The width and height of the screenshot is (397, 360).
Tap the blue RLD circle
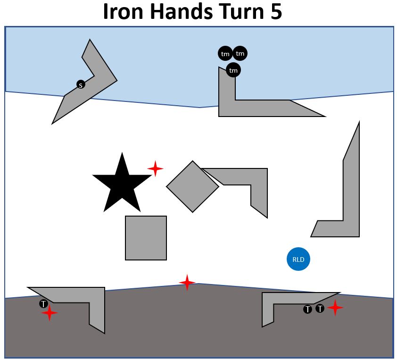coord(298,259)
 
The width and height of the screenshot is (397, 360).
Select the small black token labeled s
coord(81,85)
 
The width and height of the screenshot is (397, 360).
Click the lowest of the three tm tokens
coord(233,70)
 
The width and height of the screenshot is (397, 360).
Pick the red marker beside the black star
coord(155,168)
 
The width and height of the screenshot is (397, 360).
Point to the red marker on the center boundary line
coord(187,283)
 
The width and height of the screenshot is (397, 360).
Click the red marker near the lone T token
coord(50,313)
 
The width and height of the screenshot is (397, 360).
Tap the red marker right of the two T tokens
coord(335,308)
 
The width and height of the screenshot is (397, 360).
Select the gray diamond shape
coord(192,186)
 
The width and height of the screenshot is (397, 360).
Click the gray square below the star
coord(146,238)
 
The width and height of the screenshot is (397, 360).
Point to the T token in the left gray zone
coord(43,304)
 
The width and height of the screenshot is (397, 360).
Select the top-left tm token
coord(225,53)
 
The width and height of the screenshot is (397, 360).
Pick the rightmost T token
coord(320,309)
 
